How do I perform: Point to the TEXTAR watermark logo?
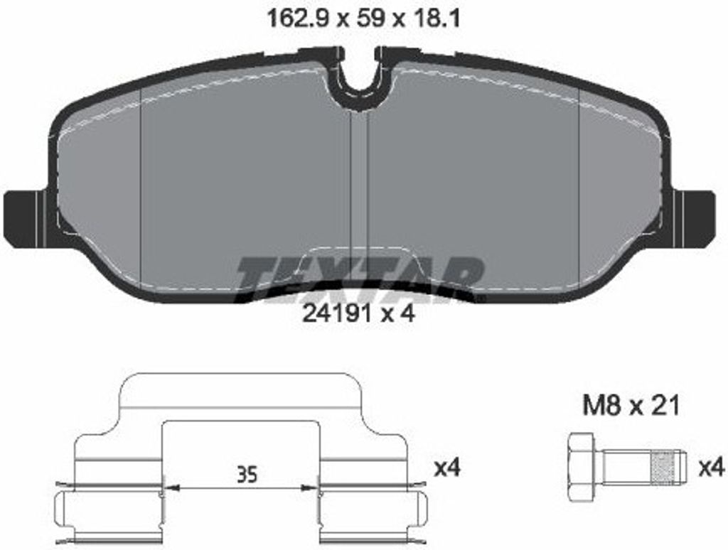(360, 279)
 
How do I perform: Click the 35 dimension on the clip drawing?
(247, 475)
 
